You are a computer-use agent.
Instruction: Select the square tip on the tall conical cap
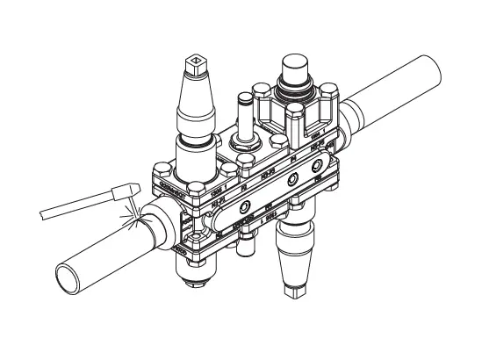[196, 64]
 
